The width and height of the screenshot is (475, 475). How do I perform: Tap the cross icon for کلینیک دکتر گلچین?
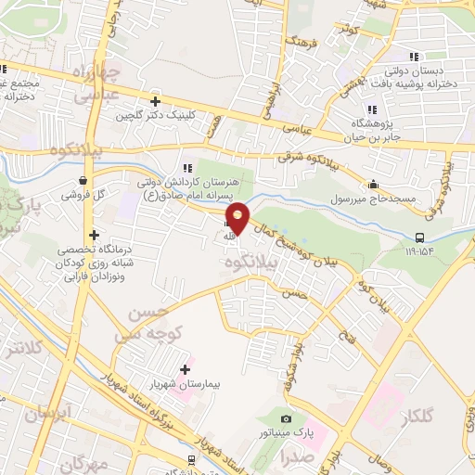coord(155,101)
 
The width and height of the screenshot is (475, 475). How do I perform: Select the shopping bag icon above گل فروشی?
coord(84,181)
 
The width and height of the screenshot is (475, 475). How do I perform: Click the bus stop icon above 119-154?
coord(419,237)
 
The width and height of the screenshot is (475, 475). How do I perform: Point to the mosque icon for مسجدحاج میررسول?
coord(373,184)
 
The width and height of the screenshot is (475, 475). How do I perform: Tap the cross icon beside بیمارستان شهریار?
coord(185,368)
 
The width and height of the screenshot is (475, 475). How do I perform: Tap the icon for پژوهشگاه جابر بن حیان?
coord(372,109)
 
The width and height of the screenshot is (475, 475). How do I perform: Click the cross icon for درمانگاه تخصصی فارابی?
coord(93,235)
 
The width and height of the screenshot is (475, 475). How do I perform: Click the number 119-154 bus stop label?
coord(418,250)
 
